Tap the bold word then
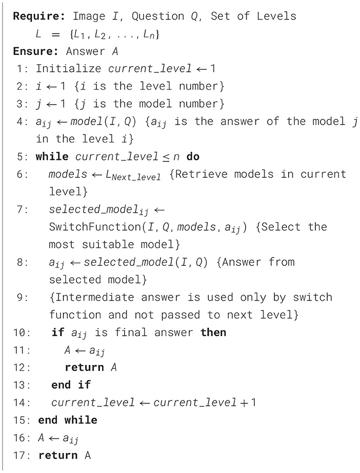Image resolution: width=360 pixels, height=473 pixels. (213, 333)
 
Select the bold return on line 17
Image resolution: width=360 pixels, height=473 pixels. (58, 455)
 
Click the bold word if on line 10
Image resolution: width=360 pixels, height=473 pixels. (58, 333)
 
